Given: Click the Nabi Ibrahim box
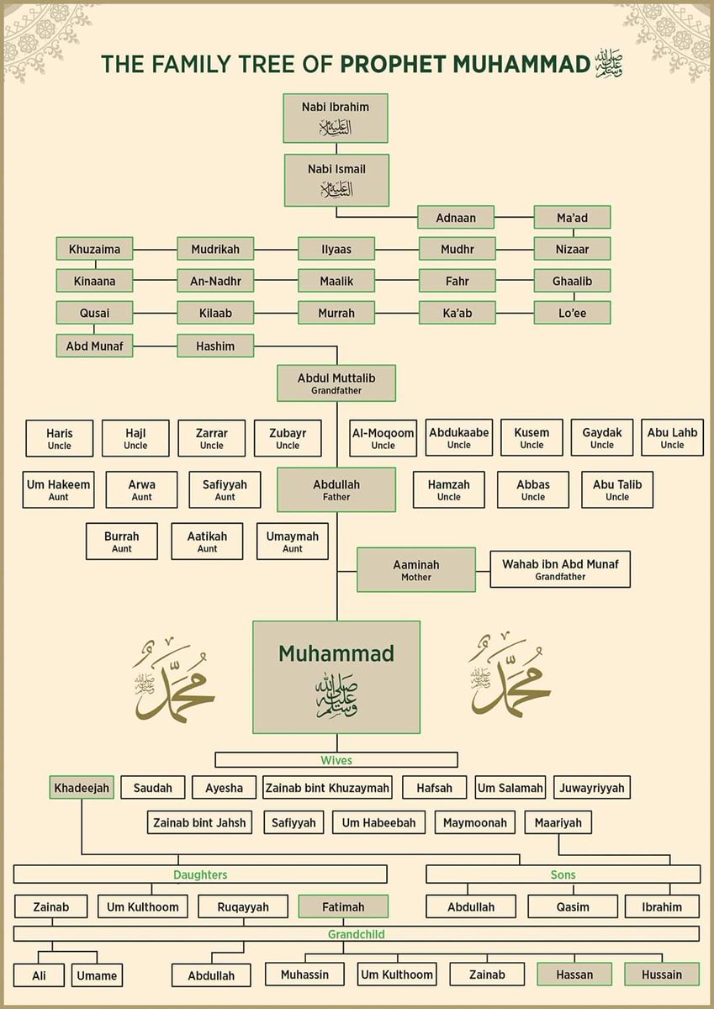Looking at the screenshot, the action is [x=336, y=118].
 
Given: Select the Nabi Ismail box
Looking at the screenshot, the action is [x=336, y=179].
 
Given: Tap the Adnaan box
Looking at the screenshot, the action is [x=456, y=218].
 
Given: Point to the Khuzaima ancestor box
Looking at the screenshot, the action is [x=94, y=249].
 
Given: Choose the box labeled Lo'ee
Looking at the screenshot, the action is [x=572, y=313].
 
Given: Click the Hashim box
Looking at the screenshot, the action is [x=215, y=346].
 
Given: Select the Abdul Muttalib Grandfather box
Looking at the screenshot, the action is [x=336, y=383].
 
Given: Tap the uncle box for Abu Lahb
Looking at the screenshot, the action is [x=672, y=438].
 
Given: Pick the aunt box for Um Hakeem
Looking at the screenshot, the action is [x=58, y=489].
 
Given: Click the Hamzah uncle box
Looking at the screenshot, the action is [x=449, y=489].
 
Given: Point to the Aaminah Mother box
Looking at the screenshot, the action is [x=416, y=570].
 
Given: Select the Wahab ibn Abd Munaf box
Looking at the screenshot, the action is [x=560, y=570].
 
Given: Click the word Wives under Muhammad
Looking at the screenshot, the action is [x=336, y=760].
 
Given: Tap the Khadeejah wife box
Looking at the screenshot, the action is [x=82, y=788].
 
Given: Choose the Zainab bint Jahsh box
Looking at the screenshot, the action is [x=199, y=822].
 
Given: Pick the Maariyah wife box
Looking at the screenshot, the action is [x=558, y=822].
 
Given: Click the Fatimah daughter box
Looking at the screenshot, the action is [x=343, y=907].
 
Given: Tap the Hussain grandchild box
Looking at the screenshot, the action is [x=661, y=975].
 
